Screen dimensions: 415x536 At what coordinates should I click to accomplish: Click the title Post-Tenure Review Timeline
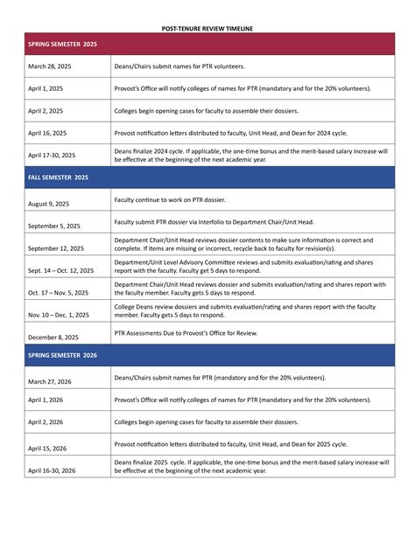[207, 28]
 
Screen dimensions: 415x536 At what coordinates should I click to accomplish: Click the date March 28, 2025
[49, 67]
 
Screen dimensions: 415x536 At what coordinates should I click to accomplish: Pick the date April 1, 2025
[46, 89]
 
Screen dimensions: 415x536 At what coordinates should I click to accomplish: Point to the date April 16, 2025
[47, 134]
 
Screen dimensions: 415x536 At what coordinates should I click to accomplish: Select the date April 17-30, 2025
[52, 156]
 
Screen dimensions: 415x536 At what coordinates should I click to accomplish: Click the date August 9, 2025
[48, 204]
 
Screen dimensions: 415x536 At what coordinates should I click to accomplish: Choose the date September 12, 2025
[55, 248]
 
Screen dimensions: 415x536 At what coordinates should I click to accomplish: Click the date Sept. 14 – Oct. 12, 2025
[60, 270]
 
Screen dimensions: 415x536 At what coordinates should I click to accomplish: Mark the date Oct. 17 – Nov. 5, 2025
[59, 292]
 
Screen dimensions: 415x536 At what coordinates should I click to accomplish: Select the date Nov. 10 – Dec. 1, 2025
[58, 314]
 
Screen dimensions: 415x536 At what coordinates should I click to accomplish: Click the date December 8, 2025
[53, 337]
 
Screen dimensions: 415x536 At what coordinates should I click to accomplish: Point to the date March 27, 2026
[49, 381]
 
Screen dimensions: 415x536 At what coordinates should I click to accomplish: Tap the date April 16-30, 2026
[52, 470]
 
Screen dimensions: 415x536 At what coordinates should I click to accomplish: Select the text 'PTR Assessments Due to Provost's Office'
[197, 333]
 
